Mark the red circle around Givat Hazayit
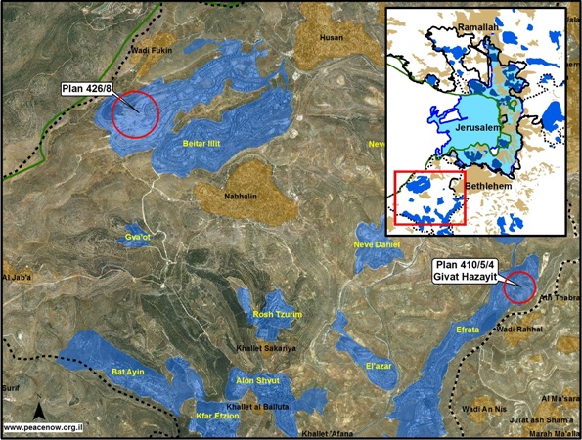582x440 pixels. [521, 288]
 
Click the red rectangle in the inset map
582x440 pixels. [429, 198]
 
